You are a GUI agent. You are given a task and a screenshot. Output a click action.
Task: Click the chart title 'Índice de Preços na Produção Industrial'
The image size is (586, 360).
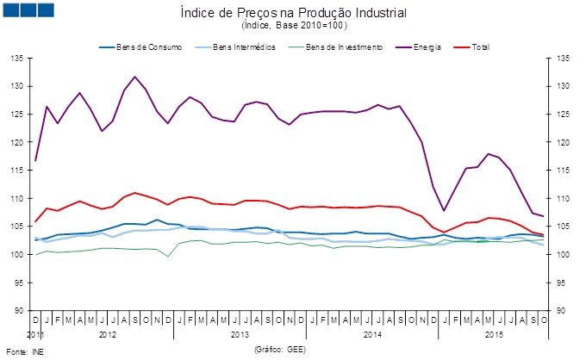[293, 13]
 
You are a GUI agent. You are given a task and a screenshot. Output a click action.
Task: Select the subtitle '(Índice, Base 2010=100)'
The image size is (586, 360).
[293, 26]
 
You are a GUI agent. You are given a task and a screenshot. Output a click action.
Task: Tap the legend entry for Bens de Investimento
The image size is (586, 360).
[340, 46]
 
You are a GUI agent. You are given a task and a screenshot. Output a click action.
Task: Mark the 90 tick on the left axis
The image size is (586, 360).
[17, 311]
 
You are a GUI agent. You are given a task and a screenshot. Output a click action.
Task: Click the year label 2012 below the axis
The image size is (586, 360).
[108, 332]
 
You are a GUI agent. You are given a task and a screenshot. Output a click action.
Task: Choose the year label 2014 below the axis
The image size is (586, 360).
[373, 332]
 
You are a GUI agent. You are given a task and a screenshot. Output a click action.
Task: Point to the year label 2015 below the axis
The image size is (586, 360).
[494, 332]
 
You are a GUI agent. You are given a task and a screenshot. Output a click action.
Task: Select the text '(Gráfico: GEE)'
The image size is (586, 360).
[280, 350]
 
